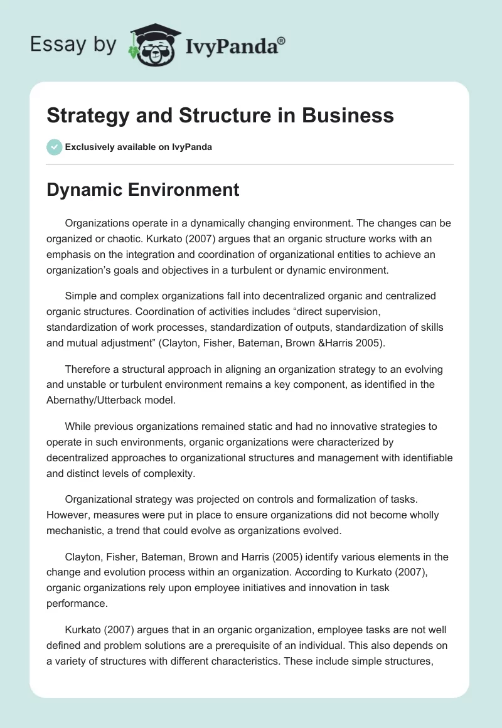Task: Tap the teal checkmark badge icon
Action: tap(54, 147)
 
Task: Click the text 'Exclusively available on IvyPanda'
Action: tap(139, 147)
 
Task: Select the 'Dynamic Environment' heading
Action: tap(143, 190)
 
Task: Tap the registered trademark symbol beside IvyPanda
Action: tap(281, 40)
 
